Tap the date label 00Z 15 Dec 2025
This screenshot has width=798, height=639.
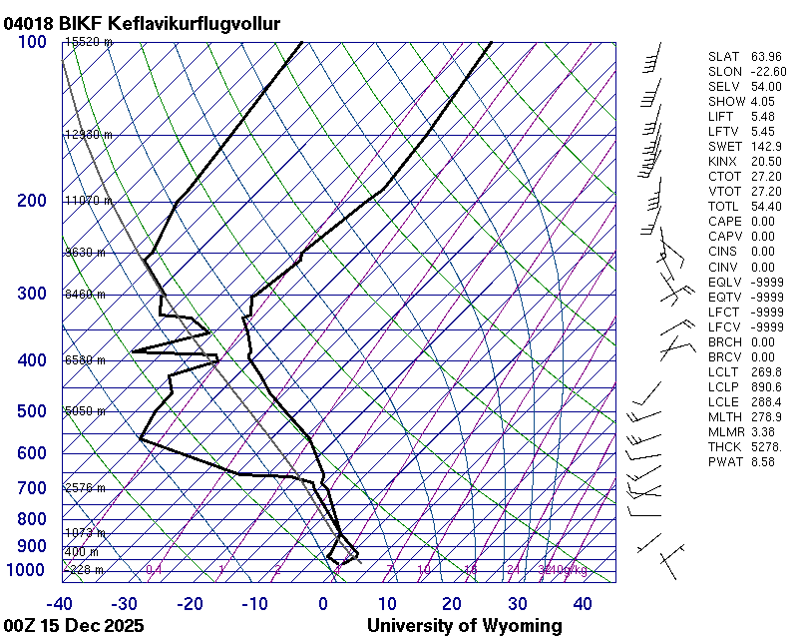[x=74, y=626]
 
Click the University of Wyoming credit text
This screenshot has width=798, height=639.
[x=464, y=626]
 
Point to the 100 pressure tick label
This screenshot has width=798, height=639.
[x=32, y=42]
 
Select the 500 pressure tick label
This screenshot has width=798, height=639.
[x=32, y=411]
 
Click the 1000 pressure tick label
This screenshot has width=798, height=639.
[x=27, y=569]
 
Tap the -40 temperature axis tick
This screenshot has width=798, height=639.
[x=60, y=604]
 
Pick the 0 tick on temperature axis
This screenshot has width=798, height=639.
[x=323, y=604]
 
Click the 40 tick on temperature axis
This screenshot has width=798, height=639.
[x=583, y=604]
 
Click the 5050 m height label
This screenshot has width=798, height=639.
[x=85, y=411]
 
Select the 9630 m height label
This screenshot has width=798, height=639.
[x=85, y=253]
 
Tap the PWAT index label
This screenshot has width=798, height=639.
[x=725, y=461]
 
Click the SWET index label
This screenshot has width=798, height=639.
[x=725, y=147]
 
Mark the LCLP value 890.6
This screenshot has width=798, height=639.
[x=765, y=386]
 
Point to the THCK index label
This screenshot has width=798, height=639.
[x=725, y=446]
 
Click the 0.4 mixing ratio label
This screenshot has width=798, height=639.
[x=154, y=569]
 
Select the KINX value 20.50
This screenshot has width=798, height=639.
[x=765, y=162]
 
